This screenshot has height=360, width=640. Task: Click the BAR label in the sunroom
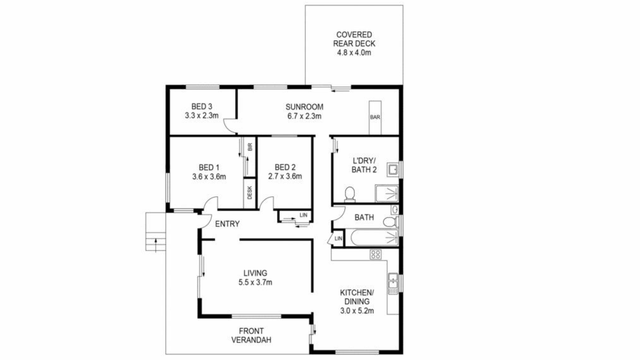[x=375, y=117]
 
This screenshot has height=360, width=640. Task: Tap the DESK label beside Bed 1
[x=250, y=193]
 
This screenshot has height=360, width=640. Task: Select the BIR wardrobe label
[x=250, y=147]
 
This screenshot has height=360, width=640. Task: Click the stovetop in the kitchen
[x=375, y=254]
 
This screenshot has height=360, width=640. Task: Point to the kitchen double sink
[x=393, y=283]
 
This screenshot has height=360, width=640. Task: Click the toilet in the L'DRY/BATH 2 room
[x=350, y=194]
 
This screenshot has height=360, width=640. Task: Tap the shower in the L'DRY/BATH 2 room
[x=387, y=193]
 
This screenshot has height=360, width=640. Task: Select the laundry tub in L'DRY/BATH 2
[x=393, y=170]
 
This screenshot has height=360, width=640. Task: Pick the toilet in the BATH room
[x=390, y=222]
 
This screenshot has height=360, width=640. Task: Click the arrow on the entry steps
[x=156, y=246]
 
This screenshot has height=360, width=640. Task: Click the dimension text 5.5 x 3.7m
[x=255, y=283]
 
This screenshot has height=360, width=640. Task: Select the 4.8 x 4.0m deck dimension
[x=354, y=53]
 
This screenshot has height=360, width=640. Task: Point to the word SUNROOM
[x=304, y=107]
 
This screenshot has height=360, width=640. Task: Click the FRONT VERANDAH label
[x=251, y=335]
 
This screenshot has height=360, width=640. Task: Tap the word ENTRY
[x=227, y=224]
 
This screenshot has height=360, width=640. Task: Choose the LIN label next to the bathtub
[x=338, y=238]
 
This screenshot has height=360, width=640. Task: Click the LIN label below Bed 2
[x=303, y=215]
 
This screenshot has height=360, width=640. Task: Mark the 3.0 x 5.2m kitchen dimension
[x=357, y=311]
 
